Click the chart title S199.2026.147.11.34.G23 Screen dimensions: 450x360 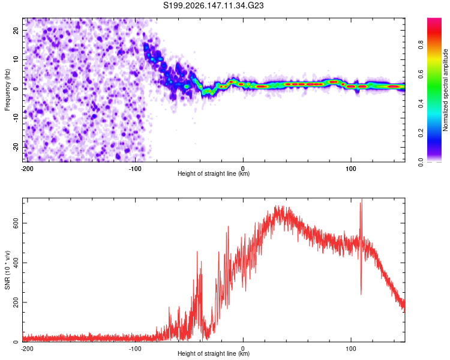(214, 5)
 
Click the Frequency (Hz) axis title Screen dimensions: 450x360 (7, 90)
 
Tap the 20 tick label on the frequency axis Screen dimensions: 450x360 (16, 30)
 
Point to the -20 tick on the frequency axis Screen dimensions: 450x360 (16, 147)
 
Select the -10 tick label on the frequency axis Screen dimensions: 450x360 (16, 118)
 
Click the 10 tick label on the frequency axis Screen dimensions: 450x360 (16, 59)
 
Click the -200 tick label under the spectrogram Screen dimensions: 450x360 (27, 169)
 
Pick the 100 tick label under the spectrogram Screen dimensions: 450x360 (351, 169)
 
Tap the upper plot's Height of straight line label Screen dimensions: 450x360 (214, 173)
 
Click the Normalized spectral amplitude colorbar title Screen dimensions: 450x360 (445, 90)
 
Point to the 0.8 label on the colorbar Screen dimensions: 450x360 (421, 45)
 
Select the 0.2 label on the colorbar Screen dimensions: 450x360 (421, 133)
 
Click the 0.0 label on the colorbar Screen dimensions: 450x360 (421, 162)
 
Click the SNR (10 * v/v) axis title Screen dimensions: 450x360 (7, 270)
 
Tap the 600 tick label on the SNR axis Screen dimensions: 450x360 (16, 223)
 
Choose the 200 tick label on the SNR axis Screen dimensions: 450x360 (16, 302)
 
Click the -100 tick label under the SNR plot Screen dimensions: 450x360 (135, 349)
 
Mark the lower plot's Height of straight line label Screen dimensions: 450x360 (214, 353)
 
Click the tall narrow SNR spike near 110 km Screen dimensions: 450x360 (361, 247)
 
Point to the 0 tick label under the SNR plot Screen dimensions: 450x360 (243, 349)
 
